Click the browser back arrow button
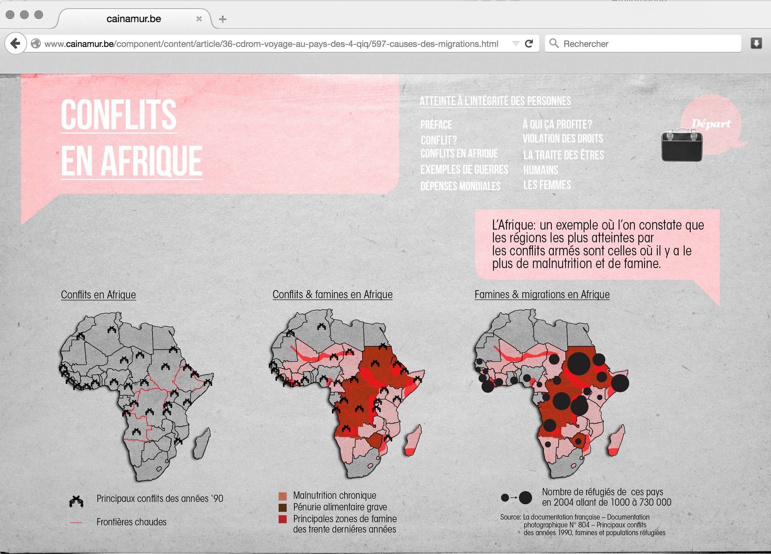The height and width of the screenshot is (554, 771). pyautogui.click(x=15, y=44)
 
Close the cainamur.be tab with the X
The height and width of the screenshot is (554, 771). pyautogui.click(x=199, y=19)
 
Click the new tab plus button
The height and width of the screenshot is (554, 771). pyautogui.click(x=223, y=19)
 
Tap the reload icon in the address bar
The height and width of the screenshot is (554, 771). pyautogui.click(x=529, y=44)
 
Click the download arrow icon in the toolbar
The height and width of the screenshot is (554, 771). pyautogui.click(x=756, y=44)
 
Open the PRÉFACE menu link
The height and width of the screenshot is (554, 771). pyautogui.click(x=436, y=125)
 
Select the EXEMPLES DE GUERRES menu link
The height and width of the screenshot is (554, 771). pyautogui.click(x=464, y=169)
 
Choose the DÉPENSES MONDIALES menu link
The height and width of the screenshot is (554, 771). pyautogui.click(x=460, y=186)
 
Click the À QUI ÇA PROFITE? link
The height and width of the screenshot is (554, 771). pyautogui.click(x=557, y=124)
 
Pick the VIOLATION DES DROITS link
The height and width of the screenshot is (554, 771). pyautogui.click(x=563, y=139)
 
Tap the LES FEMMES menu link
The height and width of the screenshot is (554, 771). pyautogui.click(x=547, y=185)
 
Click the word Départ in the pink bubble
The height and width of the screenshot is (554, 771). pyautogui.click(x=711, y=124)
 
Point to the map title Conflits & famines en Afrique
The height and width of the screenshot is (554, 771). pyautogui.click(x=332, y=294)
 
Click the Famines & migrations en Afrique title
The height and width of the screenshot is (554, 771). pyautogui.click(x=542, y=294)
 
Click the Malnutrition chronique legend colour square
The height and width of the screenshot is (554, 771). pyautogui.click(x=283, y=496)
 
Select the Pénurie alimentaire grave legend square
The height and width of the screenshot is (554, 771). pyautogui.click(x=283, y=507)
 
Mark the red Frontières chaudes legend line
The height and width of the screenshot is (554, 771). pyautogui.click(x=76, y=522)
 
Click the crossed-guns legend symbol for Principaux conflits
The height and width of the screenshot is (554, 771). pyautogui.click(x=76, y=501)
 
